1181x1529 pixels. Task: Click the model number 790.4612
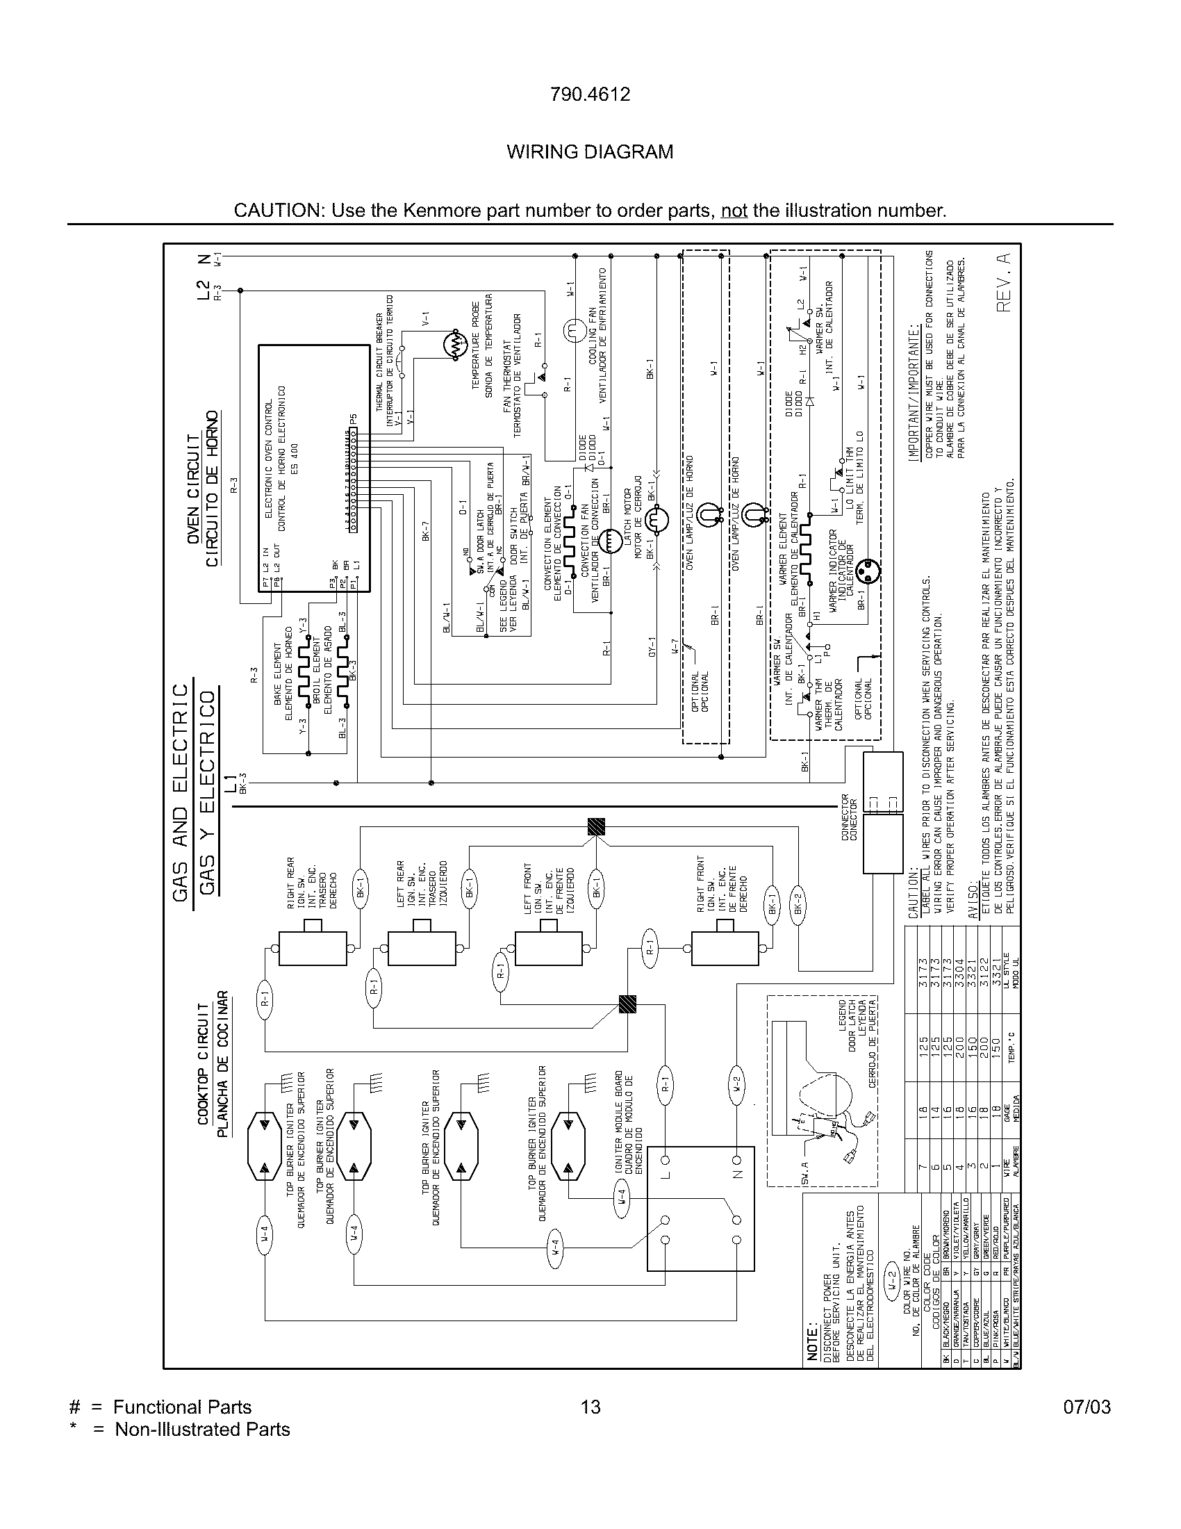pos(590,95)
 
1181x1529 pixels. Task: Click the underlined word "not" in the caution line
pos(734,211)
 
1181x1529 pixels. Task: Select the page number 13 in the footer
pos(590,1407)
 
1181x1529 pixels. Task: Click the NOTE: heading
pos(813,1341)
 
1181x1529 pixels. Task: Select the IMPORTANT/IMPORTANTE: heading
pos(913,391)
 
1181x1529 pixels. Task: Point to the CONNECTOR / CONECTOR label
pos(849,818)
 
